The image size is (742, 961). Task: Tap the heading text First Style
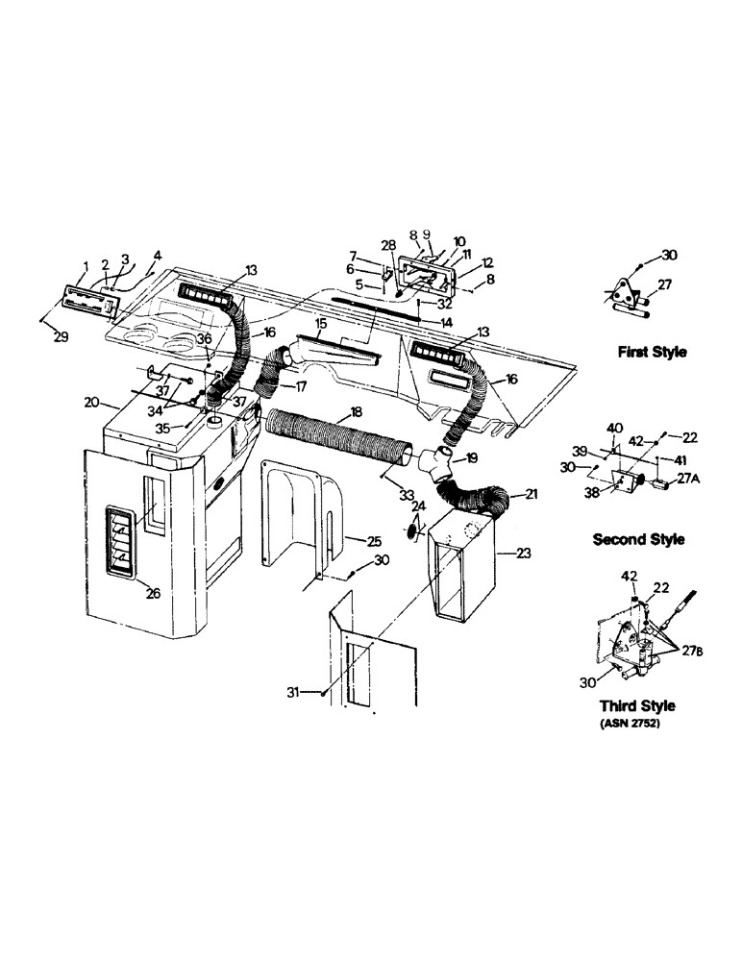(652, 353)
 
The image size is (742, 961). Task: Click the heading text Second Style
(638, 539)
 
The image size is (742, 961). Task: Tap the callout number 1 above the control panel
(86, 265)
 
